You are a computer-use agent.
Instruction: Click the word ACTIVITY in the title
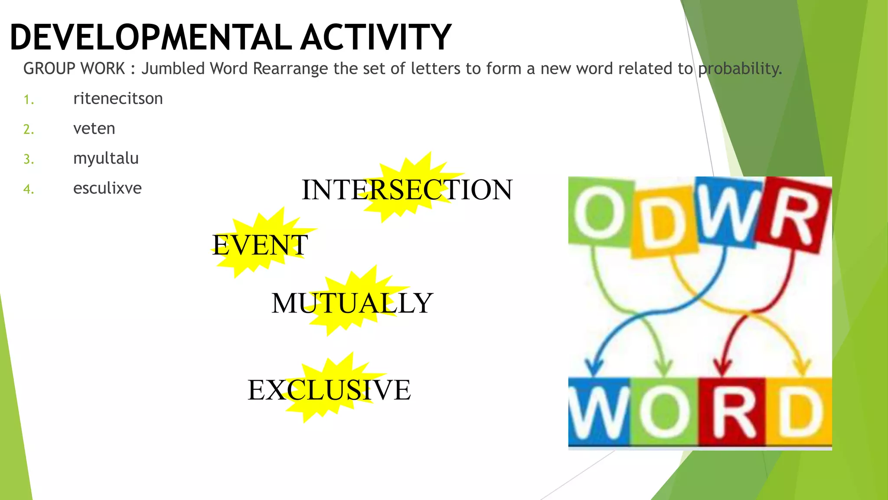point(375,37)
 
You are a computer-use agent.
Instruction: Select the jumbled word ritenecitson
point(118,99)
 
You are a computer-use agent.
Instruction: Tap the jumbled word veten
point(94,129)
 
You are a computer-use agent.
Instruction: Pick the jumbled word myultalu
point(106,159)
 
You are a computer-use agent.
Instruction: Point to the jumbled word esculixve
point(107,188)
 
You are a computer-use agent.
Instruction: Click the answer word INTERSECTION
point(407,190)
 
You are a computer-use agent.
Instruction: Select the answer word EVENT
point(260,245)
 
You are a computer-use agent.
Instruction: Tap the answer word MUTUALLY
point(352,303)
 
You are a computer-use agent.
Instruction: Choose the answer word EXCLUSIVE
point(329,390)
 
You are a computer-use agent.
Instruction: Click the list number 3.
point(29,159)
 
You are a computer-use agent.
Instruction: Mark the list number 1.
point(29,100)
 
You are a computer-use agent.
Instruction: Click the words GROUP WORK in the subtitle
point(74,69)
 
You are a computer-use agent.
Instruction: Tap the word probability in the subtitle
point(740,69)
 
